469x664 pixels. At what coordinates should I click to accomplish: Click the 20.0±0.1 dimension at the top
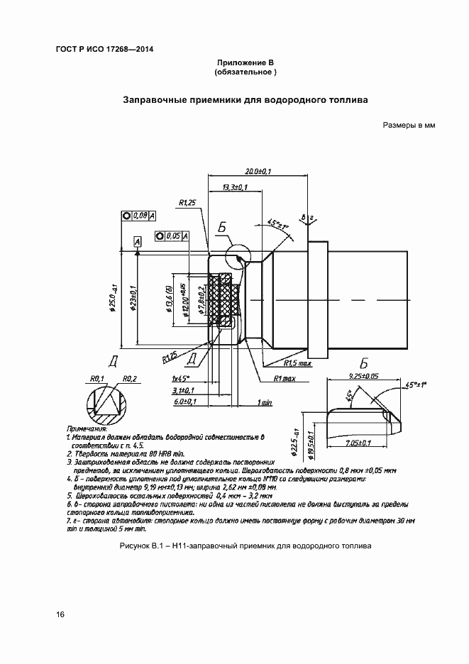pyautogui.click(x=259, y=171)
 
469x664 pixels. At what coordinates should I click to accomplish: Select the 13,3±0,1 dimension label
pyautogui.click(x=234, y=187)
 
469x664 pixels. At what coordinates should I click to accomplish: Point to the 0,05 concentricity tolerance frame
pyautogui.click(x=171, y=236)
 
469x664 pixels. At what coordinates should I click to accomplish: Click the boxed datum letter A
pyautogui.click(x=137, y=243)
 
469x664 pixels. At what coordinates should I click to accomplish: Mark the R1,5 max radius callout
pyautogui.click(x=297, y=363)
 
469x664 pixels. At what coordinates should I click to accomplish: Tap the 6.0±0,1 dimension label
pyautogui.click(x=184, y=402)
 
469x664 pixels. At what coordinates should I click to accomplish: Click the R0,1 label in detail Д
pyautogui.click(x=98, y=379)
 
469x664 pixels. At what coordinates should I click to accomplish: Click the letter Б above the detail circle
pyautogui.click(x=222, y=228)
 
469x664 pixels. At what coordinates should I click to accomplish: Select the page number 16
pyautogui.click(x=60, y=614)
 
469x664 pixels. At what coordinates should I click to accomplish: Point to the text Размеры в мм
pyautogui.click(x=408, y=126)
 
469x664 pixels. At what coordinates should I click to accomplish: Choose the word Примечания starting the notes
pyautogui.click(x=87, y=429)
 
